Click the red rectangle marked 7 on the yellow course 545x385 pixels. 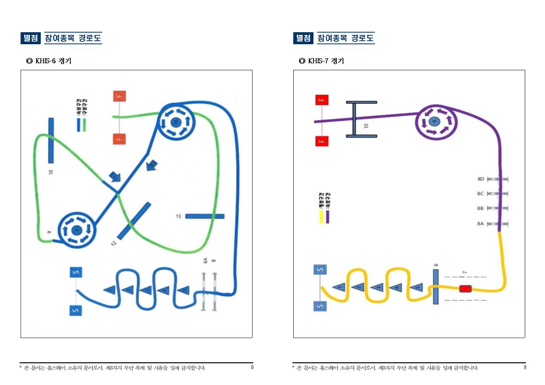coord(465,288)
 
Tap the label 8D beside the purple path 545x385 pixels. coord(481,179)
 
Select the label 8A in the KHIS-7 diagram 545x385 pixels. coord(481,224)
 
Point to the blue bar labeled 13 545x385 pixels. coord(205,216)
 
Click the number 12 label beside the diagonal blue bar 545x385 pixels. coord(113,243)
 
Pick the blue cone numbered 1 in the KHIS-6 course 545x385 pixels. coord(110,289)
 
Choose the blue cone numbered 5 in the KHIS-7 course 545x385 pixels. coord(417,288)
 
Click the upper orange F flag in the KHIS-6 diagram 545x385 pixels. coord(119,96)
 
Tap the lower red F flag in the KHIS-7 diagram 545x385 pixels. coord(321,140)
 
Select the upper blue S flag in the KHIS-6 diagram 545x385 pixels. coord(76,272)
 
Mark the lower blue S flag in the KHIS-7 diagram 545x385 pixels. coord(320,306)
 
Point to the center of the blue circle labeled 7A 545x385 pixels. coord(176,122)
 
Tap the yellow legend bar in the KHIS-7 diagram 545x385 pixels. coord(321,217)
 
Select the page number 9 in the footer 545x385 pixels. coord(525,367)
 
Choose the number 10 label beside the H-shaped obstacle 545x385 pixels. coord(366,126)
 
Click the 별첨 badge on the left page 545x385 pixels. coord(31,38)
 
